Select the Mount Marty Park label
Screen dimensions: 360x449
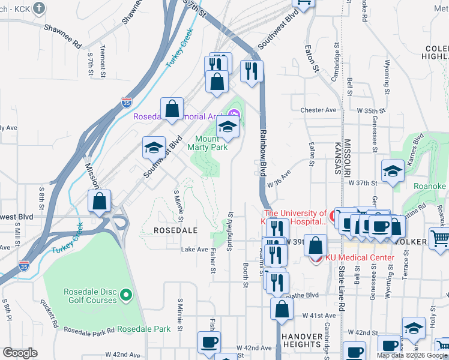[207, 143]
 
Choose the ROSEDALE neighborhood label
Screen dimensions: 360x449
[175, 230]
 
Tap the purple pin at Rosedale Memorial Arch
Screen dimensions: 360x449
[234, 113]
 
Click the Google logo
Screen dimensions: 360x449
[20, 353]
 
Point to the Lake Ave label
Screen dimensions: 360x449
[194, 250]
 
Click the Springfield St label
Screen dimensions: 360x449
[230, 227]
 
